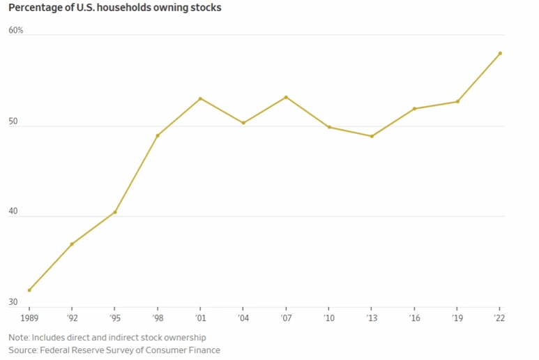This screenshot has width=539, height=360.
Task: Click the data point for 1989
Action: (29, 290)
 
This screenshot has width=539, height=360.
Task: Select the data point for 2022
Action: (500, 54)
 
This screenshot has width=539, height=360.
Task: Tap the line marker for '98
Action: (158, 135)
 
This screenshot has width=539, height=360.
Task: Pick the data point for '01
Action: (200, 98)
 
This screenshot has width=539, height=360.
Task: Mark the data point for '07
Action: (286, 97)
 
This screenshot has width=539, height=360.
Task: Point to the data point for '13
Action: (372, 136)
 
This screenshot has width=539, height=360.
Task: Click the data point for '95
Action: (115, 212)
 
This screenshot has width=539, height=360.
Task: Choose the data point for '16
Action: (414, 109)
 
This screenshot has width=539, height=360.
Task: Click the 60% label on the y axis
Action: (16, 31)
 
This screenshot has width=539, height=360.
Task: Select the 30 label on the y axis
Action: (13, 302)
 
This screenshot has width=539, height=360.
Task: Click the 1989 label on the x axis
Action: (29, 319)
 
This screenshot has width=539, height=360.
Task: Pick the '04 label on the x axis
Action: (243, 319)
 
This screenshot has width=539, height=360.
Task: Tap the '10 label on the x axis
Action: (328, 319)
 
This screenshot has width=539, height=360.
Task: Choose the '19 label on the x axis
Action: (457, 319)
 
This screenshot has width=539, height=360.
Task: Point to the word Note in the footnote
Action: (18, 338)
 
